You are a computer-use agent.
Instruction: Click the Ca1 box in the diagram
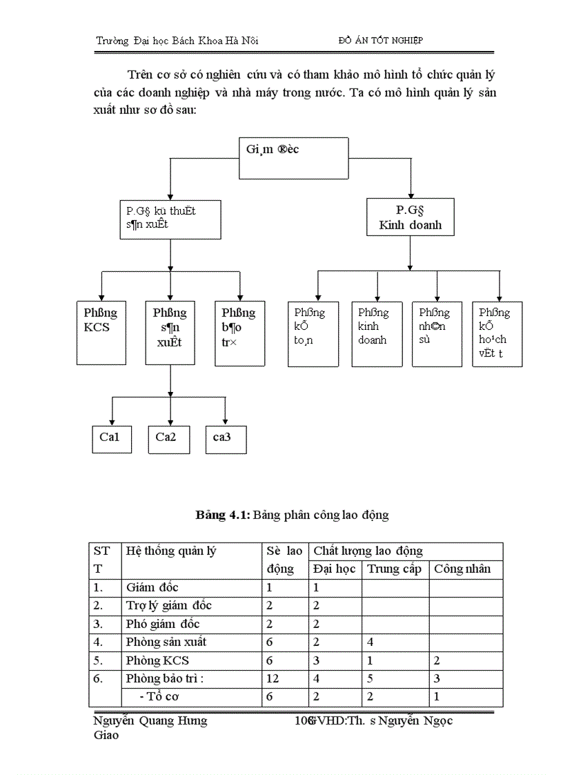(111, 438)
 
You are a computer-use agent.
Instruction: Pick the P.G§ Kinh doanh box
(411, 217)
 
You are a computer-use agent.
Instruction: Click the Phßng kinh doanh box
(377, 333)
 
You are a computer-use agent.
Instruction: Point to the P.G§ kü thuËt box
(170, 219)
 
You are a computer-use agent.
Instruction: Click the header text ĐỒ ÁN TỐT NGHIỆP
(381, 40)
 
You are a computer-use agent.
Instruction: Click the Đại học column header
(334, 569)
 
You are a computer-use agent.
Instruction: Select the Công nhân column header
(462, 569)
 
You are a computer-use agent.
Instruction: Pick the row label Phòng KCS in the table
(157, 660)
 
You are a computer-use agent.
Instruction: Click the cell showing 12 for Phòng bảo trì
(273, 678)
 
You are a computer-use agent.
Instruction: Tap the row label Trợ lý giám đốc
(169, 605)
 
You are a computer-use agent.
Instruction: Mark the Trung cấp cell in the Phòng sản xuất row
(371, 642)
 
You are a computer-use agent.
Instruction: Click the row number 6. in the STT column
(99, 678)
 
